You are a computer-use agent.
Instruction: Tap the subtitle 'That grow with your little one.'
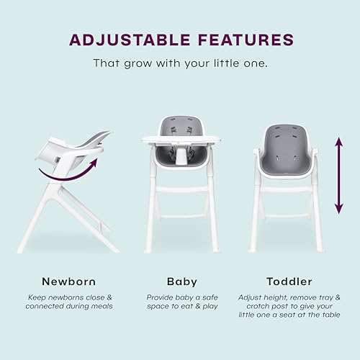(179, 63)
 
